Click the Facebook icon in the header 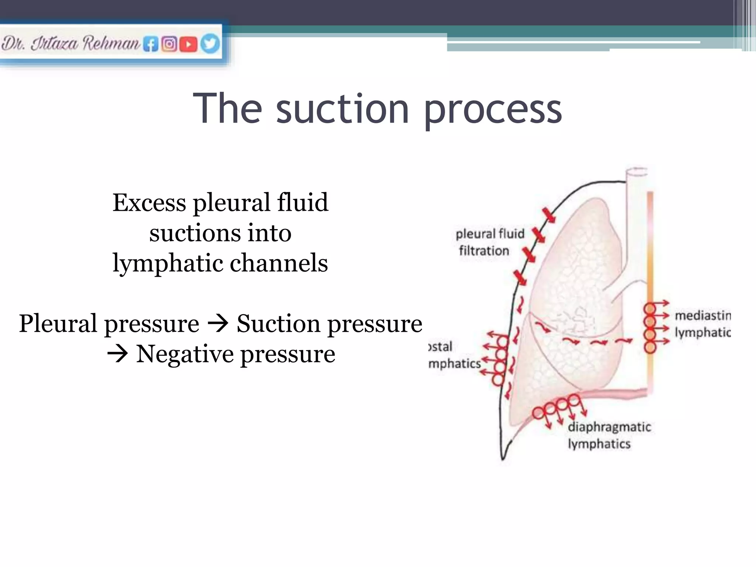151,44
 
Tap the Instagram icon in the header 169,44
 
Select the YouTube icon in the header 189,44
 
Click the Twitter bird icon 210,44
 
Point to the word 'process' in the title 493,110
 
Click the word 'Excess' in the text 149,203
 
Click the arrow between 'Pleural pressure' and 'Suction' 218,324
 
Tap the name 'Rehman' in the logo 111,43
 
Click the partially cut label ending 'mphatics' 454,364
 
